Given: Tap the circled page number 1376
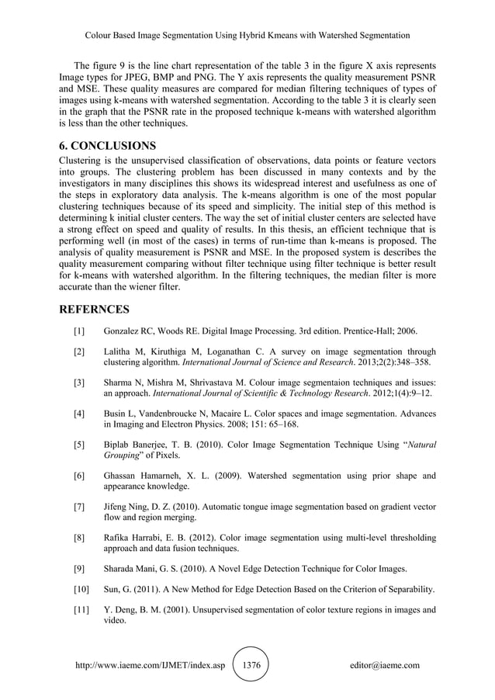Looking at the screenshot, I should (x=252, y=665).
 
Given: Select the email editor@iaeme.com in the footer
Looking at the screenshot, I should (x=385, y=665).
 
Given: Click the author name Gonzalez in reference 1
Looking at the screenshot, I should (x=123, y=332).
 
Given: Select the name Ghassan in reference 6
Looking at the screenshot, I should (x=123, y=476).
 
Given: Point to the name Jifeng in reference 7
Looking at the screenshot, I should (x=118, y=506).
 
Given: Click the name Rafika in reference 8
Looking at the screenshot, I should (x=119, y=537).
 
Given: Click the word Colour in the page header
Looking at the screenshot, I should (x=100, y=36).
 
